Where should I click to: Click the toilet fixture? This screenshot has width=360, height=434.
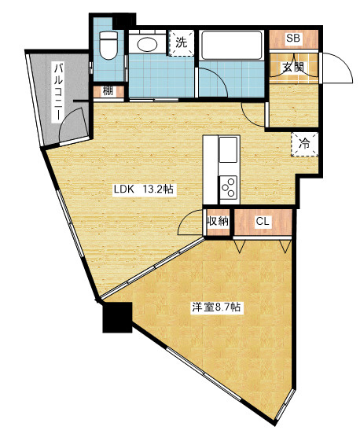pos(108,45)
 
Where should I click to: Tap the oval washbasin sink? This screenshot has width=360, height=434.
pos(147,44)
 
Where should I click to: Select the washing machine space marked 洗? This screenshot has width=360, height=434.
pos(182,43)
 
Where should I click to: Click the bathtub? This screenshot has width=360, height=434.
pos(232,45)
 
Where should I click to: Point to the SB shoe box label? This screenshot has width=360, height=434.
pos(293,39)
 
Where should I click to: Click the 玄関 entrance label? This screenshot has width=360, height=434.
pos(293,68)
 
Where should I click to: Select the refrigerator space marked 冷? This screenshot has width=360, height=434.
pos(304,144)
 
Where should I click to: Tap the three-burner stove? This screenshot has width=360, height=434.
pos(229,188)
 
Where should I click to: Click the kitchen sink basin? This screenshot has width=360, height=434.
pos(228,149)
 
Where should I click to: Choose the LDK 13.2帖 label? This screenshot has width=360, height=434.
pos(144,189)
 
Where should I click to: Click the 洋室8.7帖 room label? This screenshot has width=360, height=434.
pos(216,307)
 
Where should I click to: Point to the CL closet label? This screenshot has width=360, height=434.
pos(263,222)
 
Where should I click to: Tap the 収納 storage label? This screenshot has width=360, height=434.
pos(219,222)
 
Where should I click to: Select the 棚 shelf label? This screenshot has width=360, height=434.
pos(108,90)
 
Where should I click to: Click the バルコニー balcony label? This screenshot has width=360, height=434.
pos(59,93)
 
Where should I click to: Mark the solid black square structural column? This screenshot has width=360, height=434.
pos(117,317)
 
